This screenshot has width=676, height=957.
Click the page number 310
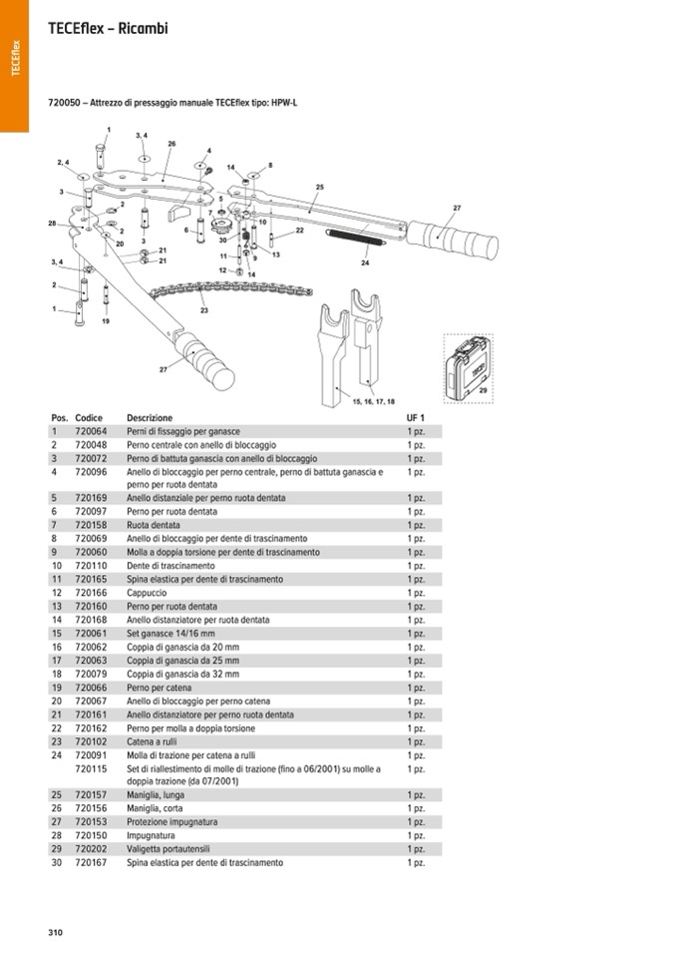(55, 932)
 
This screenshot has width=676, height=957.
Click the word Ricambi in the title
(144, 29)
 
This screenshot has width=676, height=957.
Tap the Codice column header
(89, 417)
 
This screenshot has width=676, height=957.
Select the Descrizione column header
(150, 417)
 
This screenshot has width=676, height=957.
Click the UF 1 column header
(415, 417)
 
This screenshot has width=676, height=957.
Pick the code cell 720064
(91, 431)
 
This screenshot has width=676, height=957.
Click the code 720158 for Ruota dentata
(91, 525)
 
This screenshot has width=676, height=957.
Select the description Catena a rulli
(157, 741)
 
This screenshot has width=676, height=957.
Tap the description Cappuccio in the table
(147, 593)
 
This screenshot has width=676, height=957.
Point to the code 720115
(91, 769)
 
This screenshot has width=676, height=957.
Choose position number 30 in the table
(57, 862)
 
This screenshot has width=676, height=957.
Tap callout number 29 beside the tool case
(484, 392)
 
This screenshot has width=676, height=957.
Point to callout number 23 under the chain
(204, 310)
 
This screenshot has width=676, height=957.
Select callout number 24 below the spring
(365, 263)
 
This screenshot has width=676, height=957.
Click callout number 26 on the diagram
(171, 144)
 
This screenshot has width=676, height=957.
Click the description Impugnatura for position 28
(151, 835)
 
